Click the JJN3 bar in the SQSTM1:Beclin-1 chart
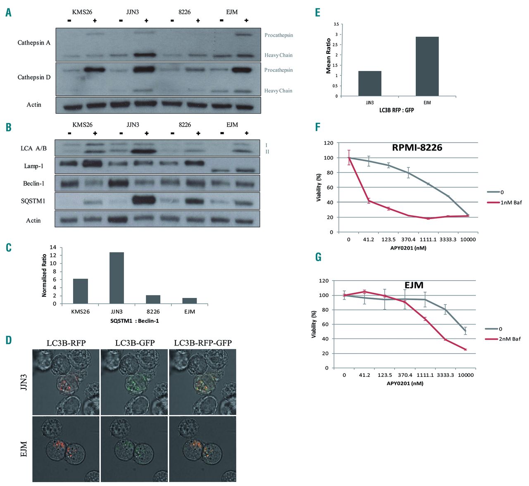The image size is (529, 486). click(117, 278)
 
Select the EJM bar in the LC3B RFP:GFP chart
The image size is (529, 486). click(427, 67)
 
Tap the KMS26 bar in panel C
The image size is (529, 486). click(80, 291)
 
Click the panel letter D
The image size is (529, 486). click(8, 341)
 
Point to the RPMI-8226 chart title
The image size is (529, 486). click(417, 148)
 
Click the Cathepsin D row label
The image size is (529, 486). click(34, 77)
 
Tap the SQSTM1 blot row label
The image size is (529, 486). click(33, 201)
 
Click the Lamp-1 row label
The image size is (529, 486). click(33, 166)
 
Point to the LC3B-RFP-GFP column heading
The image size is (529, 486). click(203, 343)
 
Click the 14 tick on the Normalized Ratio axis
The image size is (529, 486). click(53, 247)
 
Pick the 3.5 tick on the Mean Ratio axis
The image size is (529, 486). click(336, 24)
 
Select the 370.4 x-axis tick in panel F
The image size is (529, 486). click(408, 239)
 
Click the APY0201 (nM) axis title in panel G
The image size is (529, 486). click(405, 383)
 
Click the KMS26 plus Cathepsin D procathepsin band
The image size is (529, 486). click(95, 70)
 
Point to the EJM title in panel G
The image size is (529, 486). click(414, 285)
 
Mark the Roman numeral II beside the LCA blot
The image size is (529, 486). click(267, 152)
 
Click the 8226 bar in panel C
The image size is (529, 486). click(153, 299)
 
